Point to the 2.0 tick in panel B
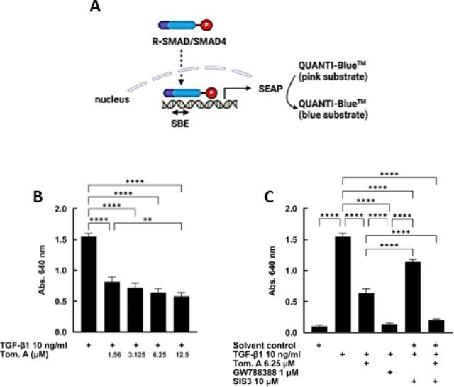coord(69,209)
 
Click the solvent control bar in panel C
coord(321,329)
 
